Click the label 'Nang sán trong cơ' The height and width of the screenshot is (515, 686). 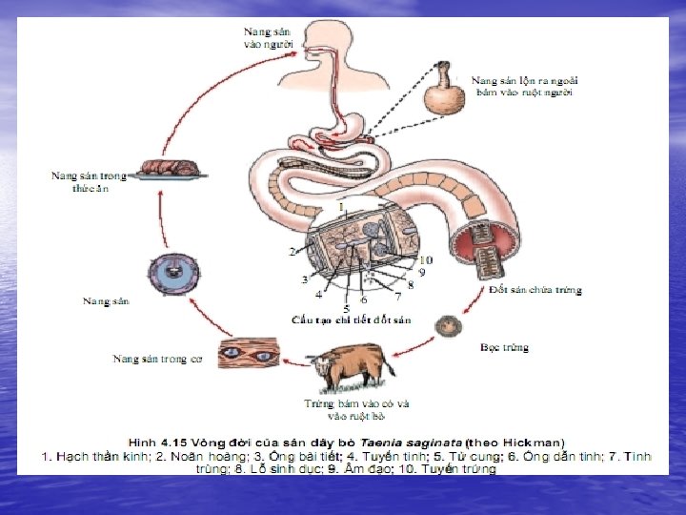tap(157, 359)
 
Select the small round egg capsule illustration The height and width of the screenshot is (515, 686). tap(448, 327)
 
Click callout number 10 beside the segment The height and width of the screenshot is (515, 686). tap(425, 259)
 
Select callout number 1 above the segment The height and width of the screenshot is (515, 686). tap(340, 207)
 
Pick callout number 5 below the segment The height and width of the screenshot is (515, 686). tap(345, 308)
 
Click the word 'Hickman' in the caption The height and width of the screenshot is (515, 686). tap(535, 442)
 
